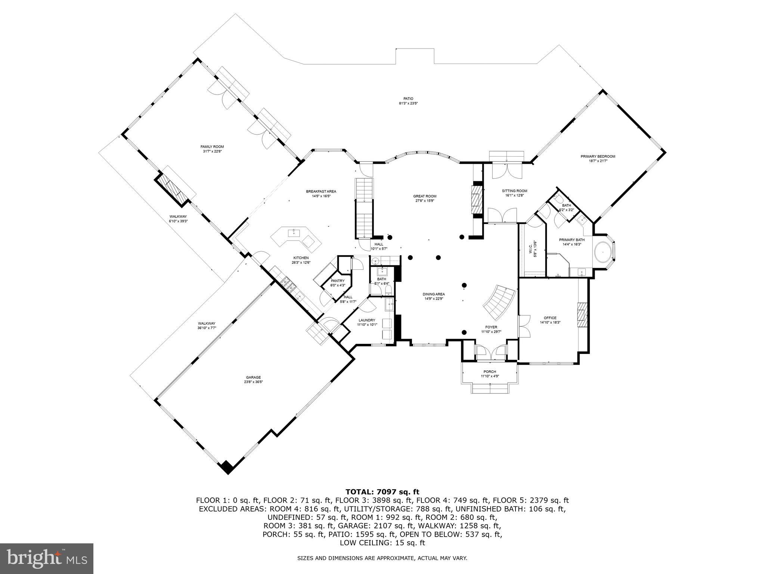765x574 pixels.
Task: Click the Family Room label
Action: [x=212, y=146]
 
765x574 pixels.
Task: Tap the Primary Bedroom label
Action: [x=598, y=156]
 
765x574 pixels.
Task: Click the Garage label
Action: [x=253, y=377]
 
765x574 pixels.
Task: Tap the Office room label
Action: [x=550, y=318]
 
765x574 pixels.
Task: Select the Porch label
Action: [x=490, y=371]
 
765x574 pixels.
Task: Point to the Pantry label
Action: [x=337, y=281]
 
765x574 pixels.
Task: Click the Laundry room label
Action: [x=366, y=320]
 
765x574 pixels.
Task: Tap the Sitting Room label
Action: [x=514, y=191]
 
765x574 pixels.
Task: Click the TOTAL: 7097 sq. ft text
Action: [x=382, y=492]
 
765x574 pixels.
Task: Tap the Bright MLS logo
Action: [x=46, y=558]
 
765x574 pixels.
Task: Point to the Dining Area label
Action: [x=434, y=294]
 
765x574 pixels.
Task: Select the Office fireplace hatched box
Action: [x=582, y=312]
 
